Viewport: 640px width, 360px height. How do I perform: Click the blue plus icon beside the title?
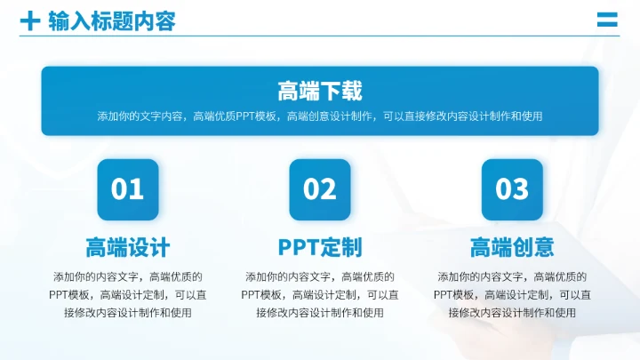click(30, 20)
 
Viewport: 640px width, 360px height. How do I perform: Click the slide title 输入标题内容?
click(112, 20)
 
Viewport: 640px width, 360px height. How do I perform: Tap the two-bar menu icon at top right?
click(607, 20)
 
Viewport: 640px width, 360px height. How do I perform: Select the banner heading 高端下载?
click(320, 91)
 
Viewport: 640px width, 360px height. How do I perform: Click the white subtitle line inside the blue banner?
click(320, 116)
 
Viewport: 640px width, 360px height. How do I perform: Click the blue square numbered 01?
click(128, 189)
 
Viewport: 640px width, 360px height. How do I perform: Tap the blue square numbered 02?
click(320, 189)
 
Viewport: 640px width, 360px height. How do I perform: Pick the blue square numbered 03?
click(512, 189)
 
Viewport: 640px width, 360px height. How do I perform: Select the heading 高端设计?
click(128, 246)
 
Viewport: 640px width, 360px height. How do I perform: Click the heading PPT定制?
click(320, 246)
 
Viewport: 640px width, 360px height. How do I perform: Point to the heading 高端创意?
click(512, 246)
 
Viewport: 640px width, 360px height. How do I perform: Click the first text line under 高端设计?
click(128, 276)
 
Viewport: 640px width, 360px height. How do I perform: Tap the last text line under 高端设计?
click(128, 312)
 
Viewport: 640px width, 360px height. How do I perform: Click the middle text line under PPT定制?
click(320, 294)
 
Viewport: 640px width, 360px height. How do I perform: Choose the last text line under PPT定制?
click(320, 312)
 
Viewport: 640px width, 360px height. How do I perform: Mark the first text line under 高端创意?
click(512, 276)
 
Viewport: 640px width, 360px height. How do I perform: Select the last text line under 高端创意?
click(512, 312)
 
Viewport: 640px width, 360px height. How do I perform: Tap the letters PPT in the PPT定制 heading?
click(297, 246)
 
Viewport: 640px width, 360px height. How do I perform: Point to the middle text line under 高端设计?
click(128, 294)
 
